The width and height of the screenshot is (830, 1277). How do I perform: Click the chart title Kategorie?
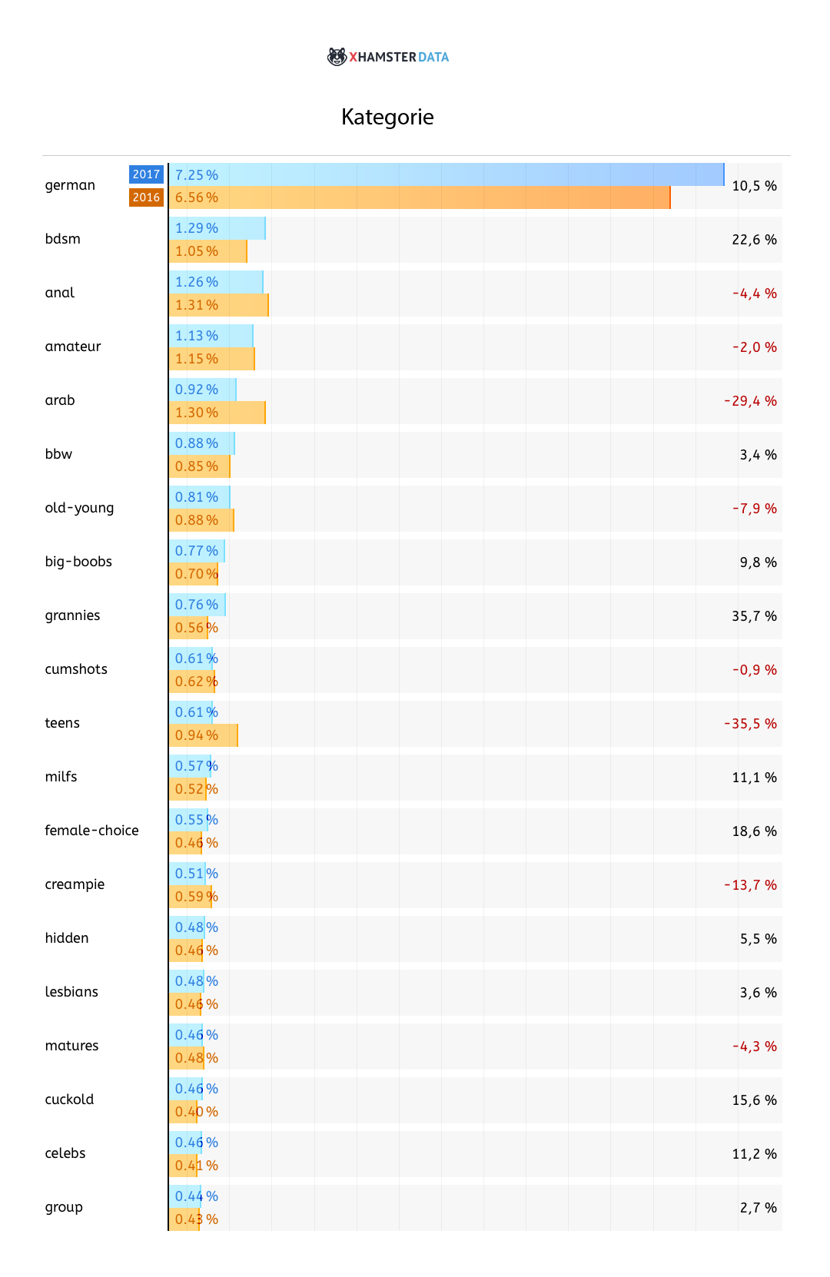[x=387, y=117]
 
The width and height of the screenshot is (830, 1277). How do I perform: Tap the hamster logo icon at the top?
[x=337, y=57]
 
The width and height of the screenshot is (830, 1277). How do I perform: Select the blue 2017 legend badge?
[x=146, y=174]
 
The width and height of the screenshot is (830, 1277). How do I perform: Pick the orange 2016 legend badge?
[x=146, y=197]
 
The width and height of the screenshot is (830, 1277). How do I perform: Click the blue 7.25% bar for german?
[x=446, y=174]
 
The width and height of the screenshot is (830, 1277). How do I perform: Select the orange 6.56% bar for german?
[x=419, y=197]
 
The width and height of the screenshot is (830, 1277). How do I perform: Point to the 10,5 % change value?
[x=754, y=186]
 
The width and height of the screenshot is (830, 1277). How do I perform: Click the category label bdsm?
[x=63, y=239]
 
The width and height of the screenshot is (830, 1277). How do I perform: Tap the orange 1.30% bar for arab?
[x=217, y=413]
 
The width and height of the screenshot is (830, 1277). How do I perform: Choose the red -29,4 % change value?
[x=750, y=401]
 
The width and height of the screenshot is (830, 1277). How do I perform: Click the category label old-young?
[x=79, y=508]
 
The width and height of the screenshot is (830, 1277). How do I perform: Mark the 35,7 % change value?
[x=754, y=616]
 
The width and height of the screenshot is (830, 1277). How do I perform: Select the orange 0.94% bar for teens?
[x=203, y=735]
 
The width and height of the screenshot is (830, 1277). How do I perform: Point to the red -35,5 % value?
[x=750, y=724]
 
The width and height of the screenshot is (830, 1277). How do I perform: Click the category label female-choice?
[x=91, y=831]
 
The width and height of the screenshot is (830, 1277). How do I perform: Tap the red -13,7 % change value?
[x=750, y=885]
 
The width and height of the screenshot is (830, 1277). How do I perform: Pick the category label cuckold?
[x=69, y=1100]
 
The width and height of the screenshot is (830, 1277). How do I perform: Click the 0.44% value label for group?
[x=196, y=1196]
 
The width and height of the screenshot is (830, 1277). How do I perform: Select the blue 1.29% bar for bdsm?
[x=217, y=228]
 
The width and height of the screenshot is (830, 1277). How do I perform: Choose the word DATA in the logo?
[x=434, y=57]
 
